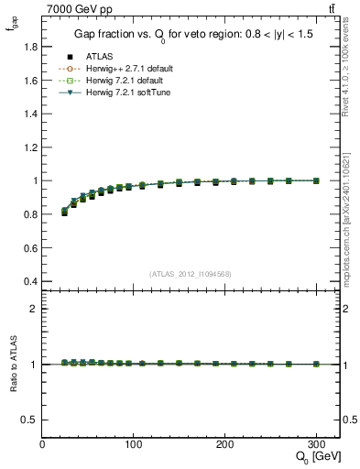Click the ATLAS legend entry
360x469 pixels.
100,57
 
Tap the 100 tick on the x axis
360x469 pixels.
134,443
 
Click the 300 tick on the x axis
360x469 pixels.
316,443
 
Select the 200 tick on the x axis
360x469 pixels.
225,443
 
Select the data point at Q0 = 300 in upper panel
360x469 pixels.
316,180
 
